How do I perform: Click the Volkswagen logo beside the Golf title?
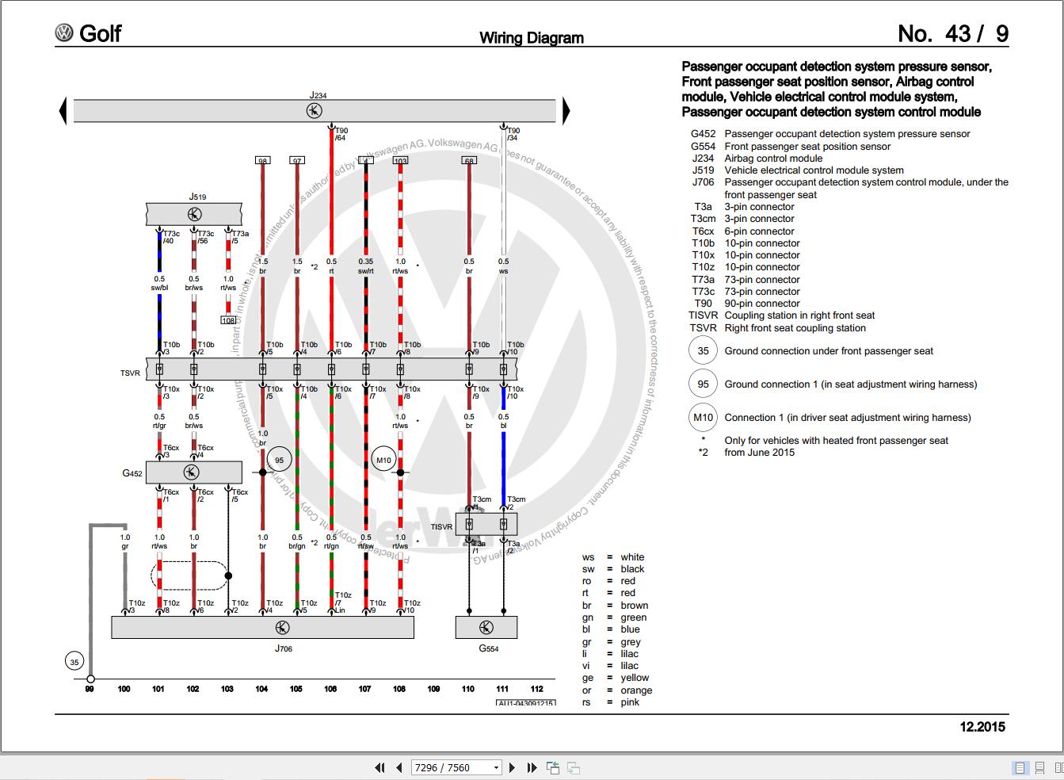64,33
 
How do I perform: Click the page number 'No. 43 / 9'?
952,33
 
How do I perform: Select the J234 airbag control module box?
315,111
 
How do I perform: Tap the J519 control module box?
194,214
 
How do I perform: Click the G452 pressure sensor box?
193,472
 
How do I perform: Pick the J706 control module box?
262,627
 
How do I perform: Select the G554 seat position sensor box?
486,628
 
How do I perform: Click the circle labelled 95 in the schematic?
279,460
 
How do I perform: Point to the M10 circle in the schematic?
383,460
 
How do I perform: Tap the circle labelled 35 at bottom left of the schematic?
74,662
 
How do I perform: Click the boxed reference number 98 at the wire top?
262,161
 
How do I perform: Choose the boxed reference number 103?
400,161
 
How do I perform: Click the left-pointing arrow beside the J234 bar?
63,111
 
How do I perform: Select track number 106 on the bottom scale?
330,689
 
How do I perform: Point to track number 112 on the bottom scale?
536,689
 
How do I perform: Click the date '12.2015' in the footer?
982,726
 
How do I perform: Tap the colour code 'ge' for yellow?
588,678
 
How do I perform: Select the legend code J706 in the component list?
703,182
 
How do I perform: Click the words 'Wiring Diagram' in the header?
532,37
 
